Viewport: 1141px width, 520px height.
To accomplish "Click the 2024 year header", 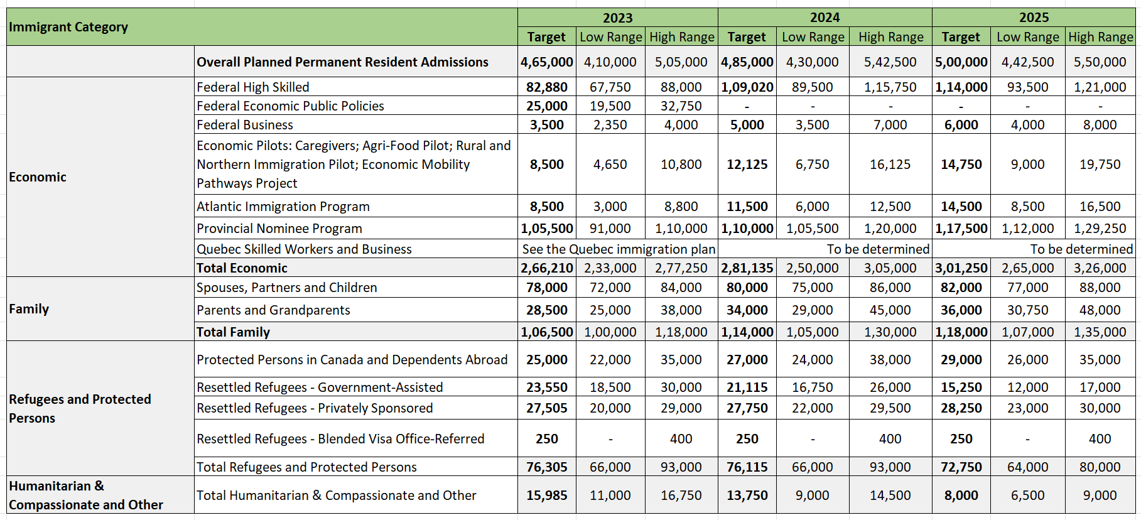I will coord(825,18).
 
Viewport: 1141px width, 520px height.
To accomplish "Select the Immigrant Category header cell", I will coord(68,27).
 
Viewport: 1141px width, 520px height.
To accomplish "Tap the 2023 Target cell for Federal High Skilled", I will coord(546,87).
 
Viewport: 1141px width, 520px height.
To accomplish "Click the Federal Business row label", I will coord(245,125).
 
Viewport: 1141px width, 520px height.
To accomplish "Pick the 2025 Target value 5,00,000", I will coord(961,62).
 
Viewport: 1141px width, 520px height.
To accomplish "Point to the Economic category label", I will coord(38,177).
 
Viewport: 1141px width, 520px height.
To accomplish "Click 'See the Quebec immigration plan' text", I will coord(619,249).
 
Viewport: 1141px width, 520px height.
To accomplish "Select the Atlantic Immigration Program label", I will coord(283,207).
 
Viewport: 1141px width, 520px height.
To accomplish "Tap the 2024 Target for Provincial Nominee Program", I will coord(747,229).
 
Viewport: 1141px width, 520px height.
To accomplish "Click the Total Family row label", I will coord(233,332).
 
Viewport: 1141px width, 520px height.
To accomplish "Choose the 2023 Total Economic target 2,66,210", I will coord(546,268).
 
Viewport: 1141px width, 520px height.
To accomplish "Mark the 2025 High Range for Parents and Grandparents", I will coord(1100,310).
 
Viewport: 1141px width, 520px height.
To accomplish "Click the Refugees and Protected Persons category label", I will coord(80,408).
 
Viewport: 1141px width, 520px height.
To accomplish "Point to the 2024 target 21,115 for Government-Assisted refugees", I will coord(747,387).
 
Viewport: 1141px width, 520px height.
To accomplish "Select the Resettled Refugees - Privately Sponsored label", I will coord(315,408).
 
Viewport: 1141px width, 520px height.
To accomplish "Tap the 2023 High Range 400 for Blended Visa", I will coord(681,439).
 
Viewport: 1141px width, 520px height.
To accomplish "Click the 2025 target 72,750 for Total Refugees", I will coord(961,467).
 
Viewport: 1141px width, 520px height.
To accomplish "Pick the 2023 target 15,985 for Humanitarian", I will coord(546,496).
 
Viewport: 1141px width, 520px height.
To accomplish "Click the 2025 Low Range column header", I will coord(1027,37).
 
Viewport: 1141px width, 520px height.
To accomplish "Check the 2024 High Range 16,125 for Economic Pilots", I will coord(890,165).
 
